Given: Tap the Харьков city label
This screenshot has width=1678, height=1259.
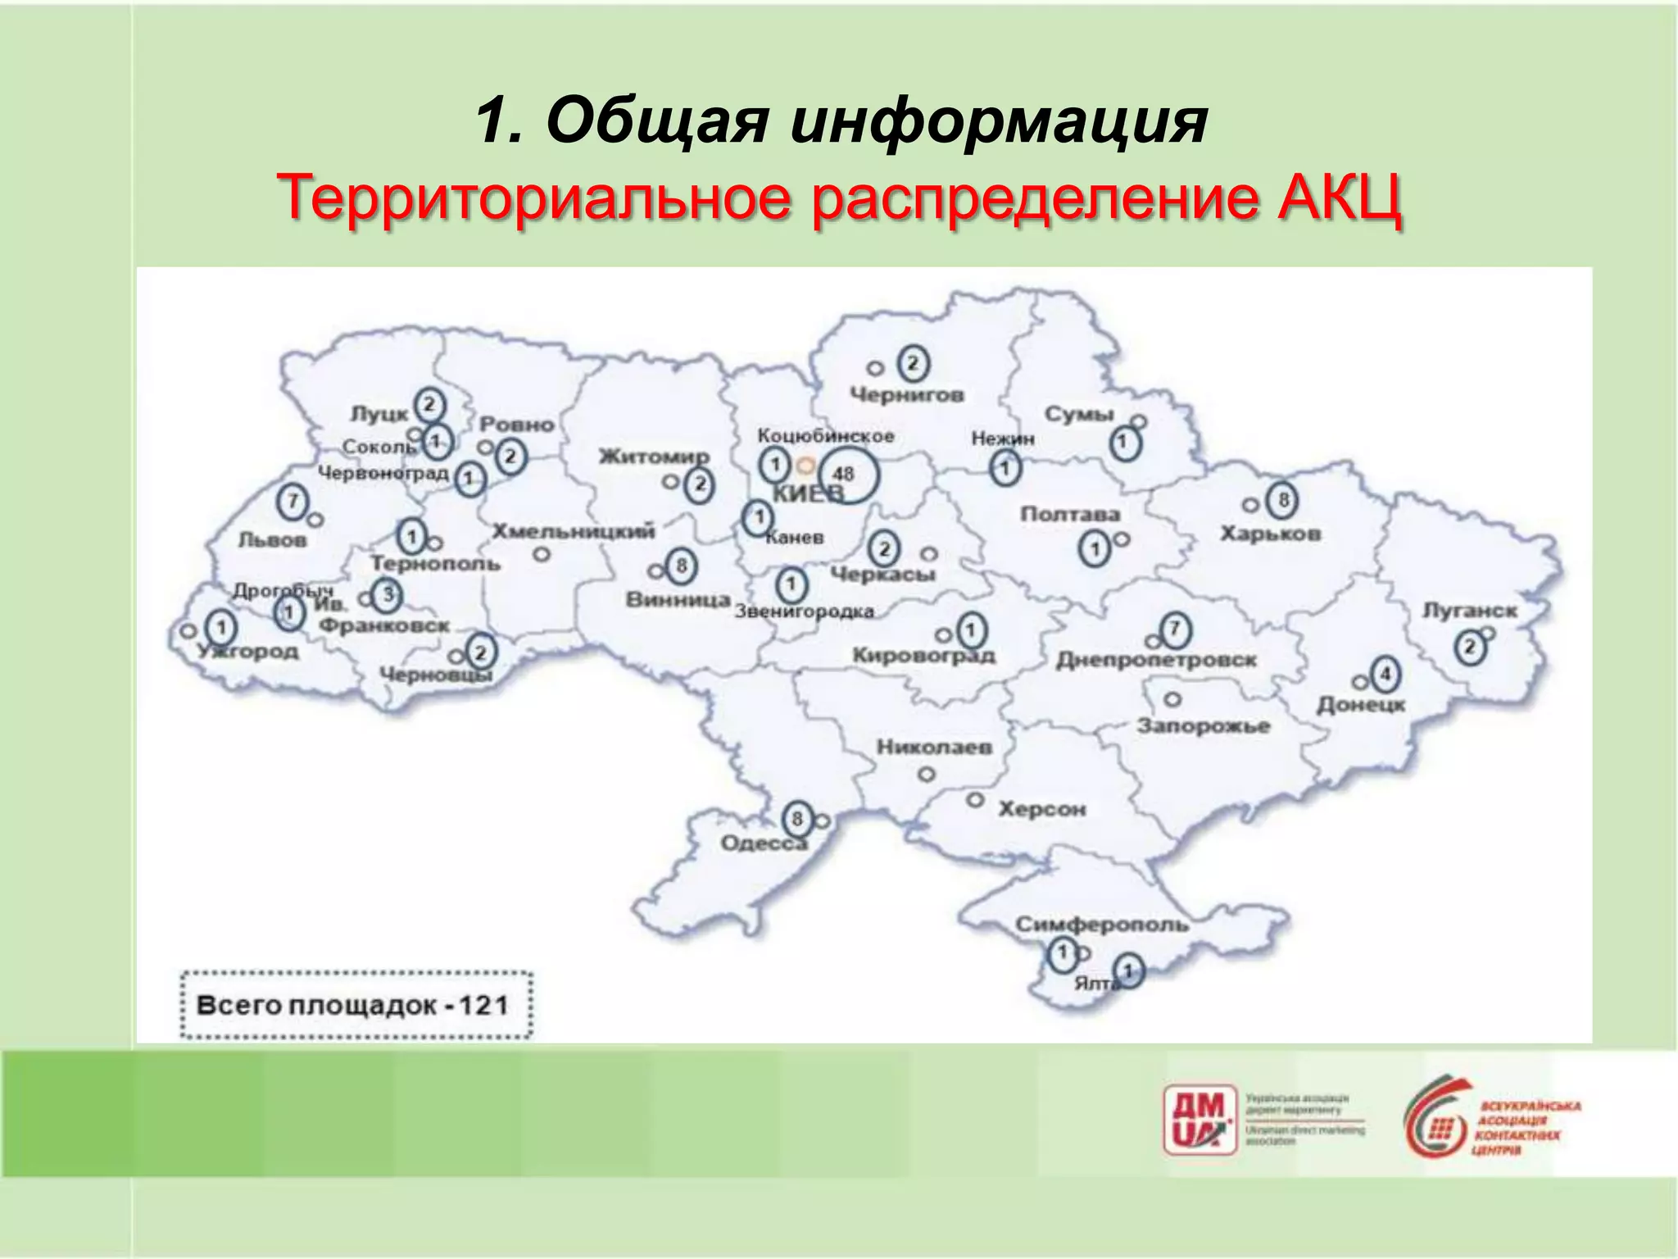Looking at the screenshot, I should (x=1270, y=534).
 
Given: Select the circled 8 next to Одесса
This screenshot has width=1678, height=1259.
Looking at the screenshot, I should (x=796, y=818).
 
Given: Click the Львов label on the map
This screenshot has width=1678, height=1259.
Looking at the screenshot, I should (x=272, y=539).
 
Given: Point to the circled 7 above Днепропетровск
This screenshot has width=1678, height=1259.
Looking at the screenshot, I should (x=1175, y=629).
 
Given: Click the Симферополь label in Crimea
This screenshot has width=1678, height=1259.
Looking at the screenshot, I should (x=1101, y=925).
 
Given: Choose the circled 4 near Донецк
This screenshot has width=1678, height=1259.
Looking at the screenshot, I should (x=1385, y=675).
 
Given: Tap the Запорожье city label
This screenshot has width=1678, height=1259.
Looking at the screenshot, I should (x=1203, y=725).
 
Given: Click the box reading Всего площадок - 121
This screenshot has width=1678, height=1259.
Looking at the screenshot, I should (x=356, y=1005).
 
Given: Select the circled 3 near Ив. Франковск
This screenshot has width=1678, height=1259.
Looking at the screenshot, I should (x=387, y=594).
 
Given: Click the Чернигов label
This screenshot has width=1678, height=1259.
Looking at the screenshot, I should (x=906, y=395).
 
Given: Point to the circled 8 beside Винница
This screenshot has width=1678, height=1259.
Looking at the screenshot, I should (x=681, y=565).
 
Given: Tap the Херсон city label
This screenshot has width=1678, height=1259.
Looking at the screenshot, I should (x=1041, y=809).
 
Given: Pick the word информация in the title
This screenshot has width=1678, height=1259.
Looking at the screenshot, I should (x=999, y=121).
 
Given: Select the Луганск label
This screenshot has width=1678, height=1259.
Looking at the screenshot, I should (x=1469, y=611).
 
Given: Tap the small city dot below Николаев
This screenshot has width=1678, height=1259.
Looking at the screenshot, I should (x=927, y=774).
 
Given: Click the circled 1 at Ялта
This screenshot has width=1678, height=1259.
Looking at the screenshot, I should (x=1128, y=971).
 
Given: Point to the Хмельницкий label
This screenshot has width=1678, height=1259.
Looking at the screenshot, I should (x=573, y=531).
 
